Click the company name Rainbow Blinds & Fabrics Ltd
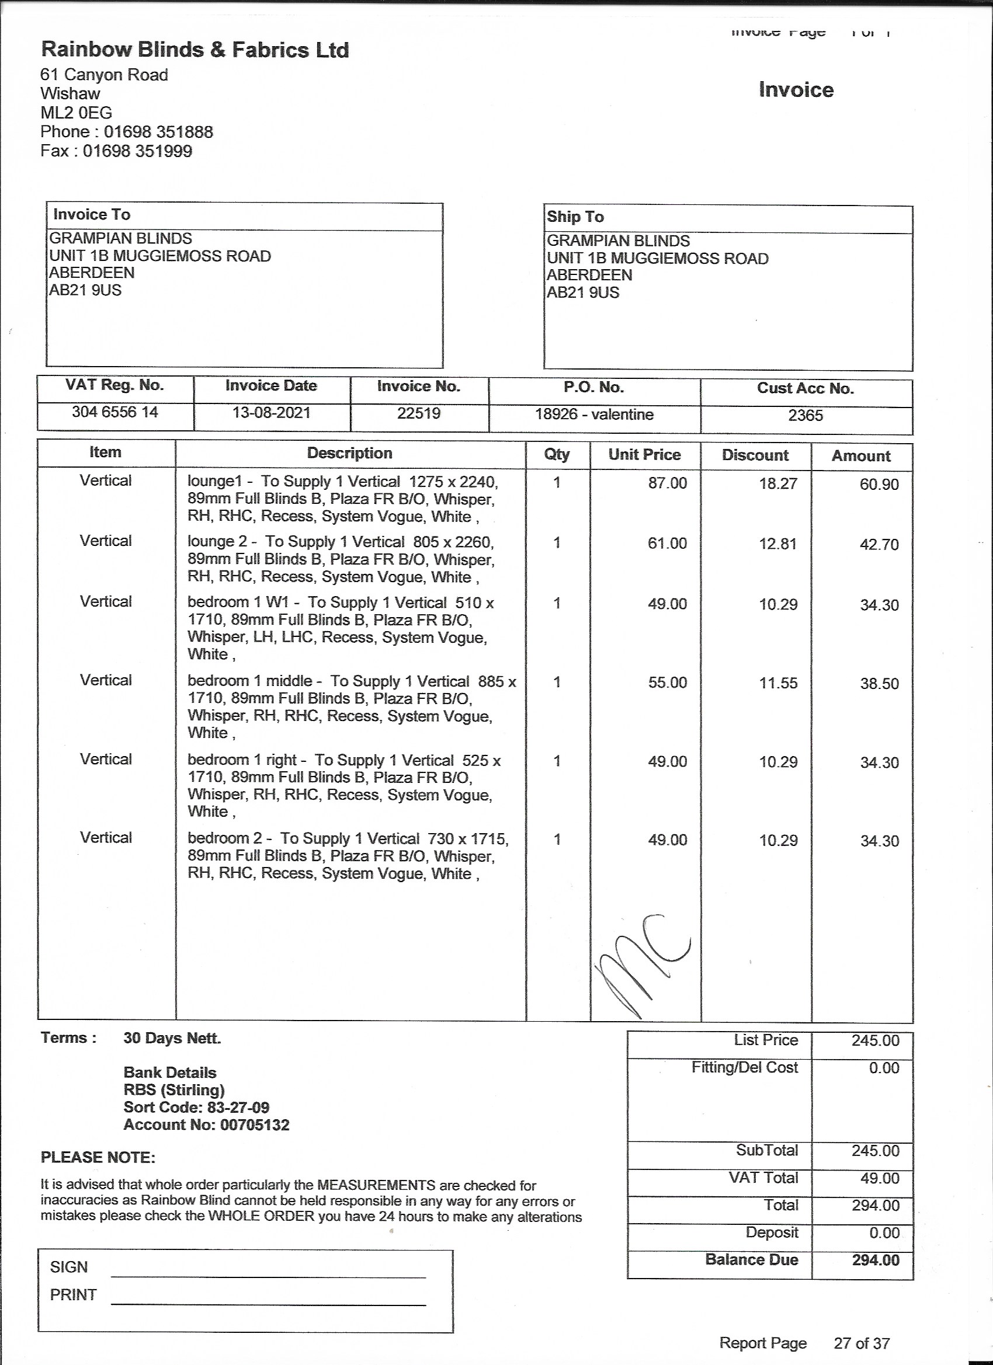click(195, 50)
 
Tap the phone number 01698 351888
click(158, 132)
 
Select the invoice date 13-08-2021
click(271, 413)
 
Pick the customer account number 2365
click(805, 416)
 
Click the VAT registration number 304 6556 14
click(114, 412)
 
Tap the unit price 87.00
click(667, 483)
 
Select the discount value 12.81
click(778, 544)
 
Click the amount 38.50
click(879, 684)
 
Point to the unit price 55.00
click(667, 682)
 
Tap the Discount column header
click(755, 455)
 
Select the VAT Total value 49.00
click(879, 1178)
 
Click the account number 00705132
click(255, 1125)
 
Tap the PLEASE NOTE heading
click(98, 1157)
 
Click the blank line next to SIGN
click(268, 1276)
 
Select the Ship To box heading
click(575, 217)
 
